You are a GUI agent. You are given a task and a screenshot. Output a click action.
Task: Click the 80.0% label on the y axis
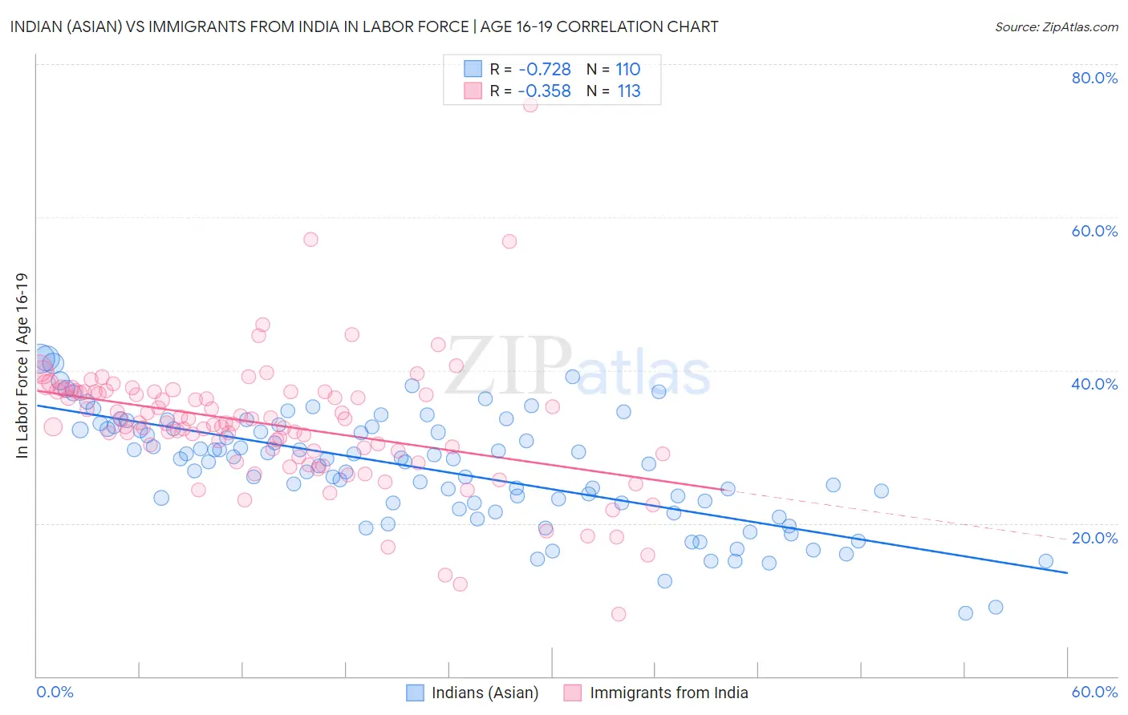1094,78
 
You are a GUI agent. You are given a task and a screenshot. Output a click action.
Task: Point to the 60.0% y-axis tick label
1094,231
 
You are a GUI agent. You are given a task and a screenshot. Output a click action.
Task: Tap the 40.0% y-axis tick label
1094,384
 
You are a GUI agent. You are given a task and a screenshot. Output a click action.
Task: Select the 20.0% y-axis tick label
1094,538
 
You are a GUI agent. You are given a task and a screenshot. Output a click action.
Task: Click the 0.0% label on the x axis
55,692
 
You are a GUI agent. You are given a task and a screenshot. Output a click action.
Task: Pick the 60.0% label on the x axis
1094,692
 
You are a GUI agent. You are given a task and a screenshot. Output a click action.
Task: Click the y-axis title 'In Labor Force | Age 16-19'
22,366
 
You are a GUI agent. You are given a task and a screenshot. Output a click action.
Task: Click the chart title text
364,26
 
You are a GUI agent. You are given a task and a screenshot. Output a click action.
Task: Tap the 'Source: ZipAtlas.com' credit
1056,26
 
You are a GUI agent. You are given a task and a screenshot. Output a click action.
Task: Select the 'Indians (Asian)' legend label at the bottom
485,693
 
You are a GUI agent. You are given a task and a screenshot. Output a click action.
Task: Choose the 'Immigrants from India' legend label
668,693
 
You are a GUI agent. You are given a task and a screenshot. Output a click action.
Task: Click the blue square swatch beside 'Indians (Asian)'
415,693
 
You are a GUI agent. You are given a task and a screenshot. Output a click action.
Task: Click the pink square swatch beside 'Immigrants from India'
572,693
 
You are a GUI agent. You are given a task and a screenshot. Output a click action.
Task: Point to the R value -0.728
545,70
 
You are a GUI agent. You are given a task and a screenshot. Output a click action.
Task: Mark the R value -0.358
545,91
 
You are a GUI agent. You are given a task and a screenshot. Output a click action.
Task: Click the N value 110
628,70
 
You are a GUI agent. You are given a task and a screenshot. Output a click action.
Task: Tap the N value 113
629,91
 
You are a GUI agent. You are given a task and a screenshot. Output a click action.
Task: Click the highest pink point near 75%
530,105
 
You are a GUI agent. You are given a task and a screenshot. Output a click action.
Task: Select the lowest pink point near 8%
619,614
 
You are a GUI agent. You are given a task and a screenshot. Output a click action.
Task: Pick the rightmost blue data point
1046,561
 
